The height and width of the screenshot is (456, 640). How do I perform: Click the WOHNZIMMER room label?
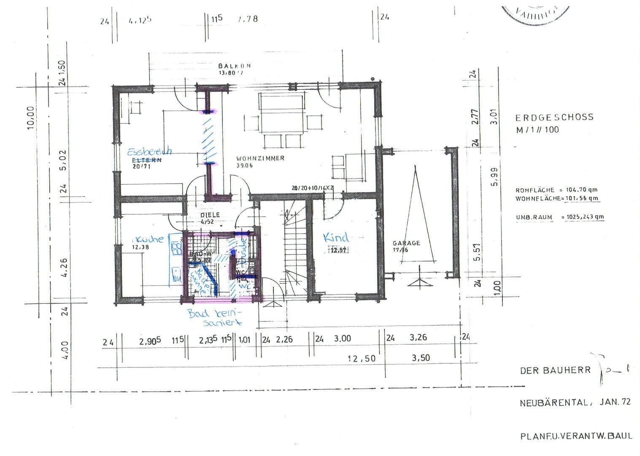tap(260, 158)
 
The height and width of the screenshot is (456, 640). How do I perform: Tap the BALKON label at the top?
tap(235, 66)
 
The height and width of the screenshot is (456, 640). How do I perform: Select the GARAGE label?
tap(406, 243)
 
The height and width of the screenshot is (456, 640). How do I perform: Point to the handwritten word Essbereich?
tap(149, 151)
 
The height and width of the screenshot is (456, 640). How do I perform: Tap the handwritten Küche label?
tap(149, 239)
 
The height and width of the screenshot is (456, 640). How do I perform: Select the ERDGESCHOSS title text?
tap(554, 117)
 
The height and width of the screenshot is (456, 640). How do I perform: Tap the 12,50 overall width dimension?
tap(361, 358)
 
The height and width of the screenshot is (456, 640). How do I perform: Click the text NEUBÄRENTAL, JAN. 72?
tap(575, 402)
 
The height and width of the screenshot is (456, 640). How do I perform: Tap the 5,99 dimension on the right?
tap(494, 177)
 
